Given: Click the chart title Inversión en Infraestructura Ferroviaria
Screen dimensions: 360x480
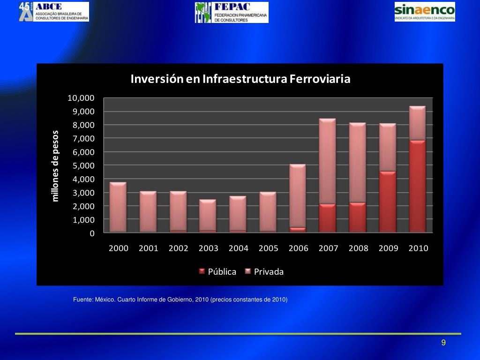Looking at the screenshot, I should pyautogui.click(x=240, y=79).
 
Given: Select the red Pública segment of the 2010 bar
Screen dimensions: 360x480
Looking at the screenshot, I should pyautogui.click(x=417, y=186).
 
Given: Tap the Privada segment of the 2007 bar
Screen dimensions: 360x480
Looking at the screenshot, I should pyautogui.click(x=327, y=161).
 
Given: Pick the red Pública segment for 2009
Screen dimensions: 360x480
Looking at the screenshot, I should pyautogui.click(x=387, y=202).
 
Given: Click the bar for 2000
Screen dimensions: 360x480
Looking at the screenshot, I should pyautogui.click(x=118, y=207).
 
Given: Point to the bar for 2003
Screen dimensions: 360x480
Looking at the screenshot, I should pyautogui.click(x=208, y=216).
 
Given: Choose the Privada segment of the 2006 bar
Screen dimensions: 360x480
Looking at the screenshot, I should pyautogui.click(x=297, y=196).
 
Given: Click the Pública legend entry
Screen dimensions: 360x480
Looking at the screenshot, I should pyautogui.click(x=218, y=272).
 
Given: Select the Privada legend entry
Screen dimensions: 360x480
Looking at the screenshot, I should pyautogui.click(x=264, y=272).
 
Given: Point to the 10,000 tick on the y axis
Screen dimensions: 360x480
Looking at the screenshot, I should pyautogui.click(x=81, y=98).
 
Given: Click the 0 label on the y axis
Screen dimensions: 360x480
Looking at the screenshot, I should pyautogui.click(x=92, y=233).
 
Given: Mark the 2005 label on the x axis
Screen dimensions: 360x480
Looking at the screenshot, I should pyautogui.click(x=268, y=248).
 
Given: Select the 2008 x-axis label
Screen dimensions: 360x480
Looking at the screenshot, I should pyautogui.click(x=358, y=248).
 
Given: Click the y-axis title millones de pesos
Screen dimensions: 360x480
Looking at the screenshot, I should pyautogui.click(x=56, y=166).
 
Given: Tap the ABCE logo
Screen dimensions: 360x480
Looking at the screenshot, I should pyautogui.click(x=53, y=12).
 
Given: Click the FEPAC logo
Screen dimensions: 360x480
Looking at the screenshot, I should pyautogui.click(x=232, y=12).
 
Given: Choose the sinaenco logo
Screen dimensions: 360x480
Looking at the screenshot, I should pyautogui.click(x=425, y=12).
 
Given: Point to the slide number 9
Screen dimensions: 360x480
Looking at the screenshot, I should pyautogui.click(x=443, y=343).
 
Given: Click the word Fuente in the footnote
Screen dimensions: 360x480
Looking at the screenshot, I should pyautogui.click(x=82, y=300).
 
